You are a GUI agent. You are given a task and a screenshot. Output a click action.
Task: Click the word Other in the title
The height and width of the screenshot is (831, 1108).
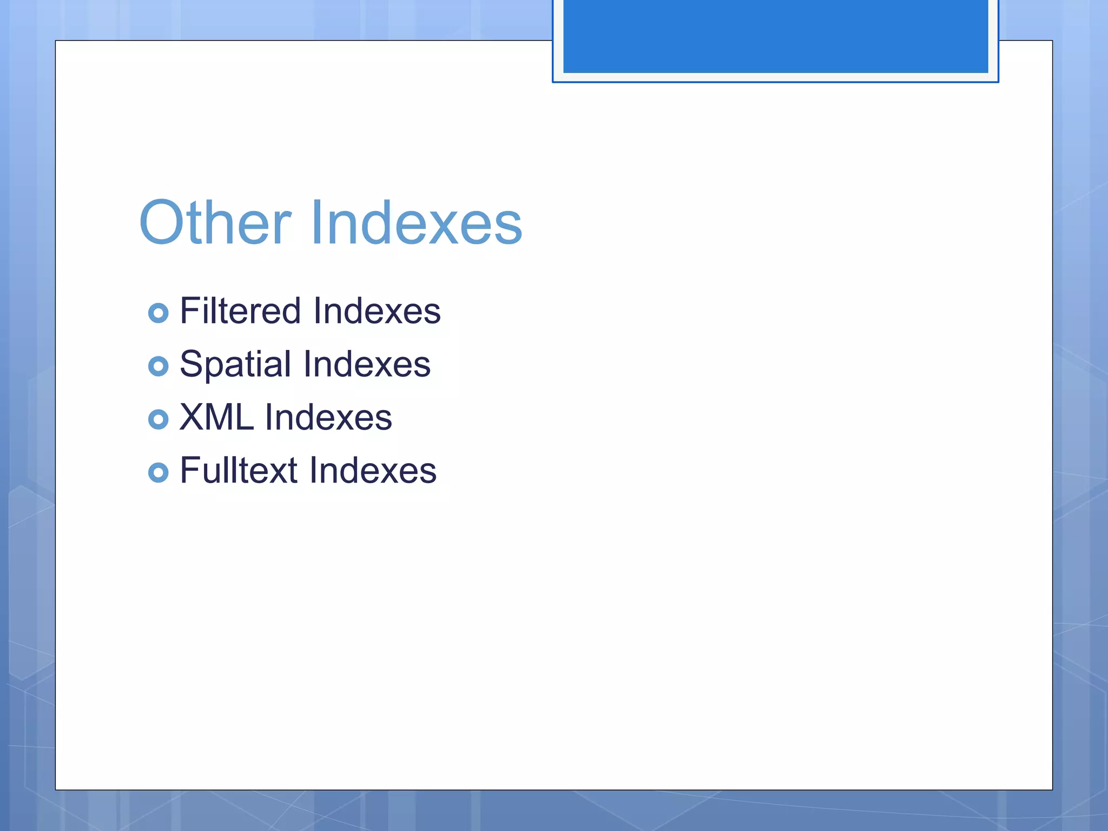(x=215, y=223)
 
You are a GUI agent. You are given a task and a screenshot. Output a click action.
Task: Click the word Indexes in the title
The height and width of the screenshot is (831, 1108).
(x=416, y=223)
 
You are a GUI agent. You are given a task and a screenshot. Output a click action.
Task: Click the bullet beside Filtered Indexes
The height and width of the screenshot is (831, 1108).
(x=158, y=313)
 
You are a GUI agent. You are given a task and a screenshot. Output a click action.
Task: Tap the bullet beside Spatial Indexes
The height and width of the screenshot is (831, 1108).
(x=158, y=366)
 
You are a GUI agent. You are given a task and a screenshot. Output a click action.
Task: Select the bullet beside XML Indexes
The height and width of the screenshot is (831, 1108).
(x=158, y=419)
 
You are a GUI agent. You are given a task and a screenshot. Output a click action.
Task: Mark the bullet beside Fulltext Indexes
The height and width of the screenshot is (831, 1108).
(x=158, y=472)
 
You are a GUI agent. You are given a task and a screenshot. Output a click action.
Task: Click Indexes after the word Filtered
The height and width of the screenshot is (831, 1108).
(x=377, y=311)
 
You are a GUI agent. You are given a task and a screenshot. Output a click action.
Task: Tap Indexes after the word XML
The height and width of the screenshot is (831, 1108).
(x=328, y=418)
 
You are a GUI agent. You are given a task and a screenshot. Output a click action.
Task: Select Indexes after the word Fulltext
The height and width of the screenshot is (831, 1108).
(x=373, y=470)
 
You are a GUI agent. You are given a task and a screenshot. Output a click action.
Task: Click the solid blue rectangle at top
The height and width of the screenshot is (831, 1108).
(x=775, y=36)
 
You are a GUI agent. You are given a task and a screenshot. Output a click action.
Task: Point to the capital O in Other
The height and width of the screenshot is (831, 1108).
(x=162, y=223)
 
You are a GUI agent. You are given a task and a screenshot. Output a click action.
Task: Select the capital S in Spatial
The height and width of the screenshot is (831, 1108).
(x=190, y=364)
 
